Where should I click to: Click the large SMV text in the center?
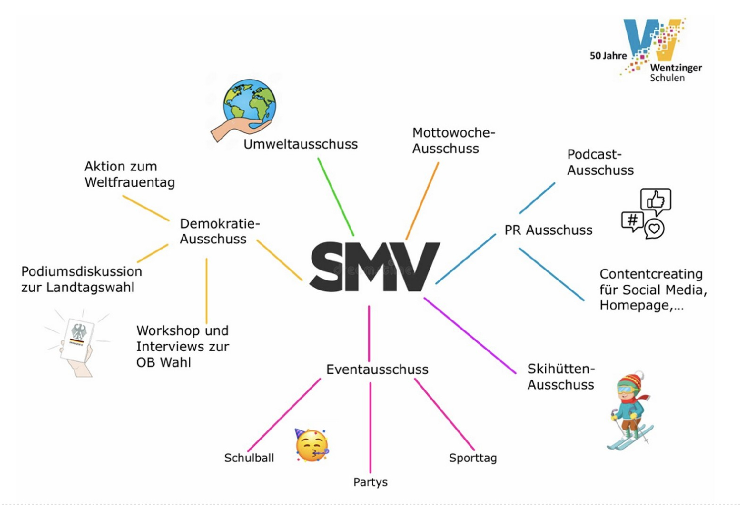pyautogui.click(x=374, y=266)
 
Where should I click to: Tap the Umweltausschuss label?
pyautogui.click(x=300, y=144)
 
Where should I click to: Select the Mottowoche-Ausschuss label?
pyautogui.click(x=453, y=141)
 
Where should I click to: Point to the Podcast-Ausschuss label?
pyautogui.click(x=600, y=162)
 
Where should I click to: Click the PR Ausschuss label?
pyautogui.click(x=548, y=230)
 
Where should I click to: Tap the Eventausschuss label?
pyautogui.click(x=377, y=369)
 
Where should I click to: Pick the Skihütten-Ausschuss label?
pyautogui.click(x=561, y=377)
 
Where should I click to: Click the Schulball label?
pyautogui.click(x=249, y=458)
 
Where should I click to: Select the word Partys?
pyautogui.click(x=370, y=482)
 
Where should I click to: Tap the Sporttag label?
pyautogui.click(x=472, y=458)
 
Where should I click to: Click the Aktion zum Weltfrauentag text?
pyautogui.click(x=129, y=174)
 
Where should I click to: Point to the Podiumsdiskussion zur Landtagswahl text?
pyautogui.click(x=81, y=279)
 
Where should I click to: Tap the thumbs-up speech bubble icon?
pyautogui.click(x=655, y=200)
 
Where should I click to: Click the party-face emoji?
pyautogui.click(x=312, y=445)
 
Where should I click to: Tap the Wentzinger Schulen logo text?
pyautogui.click(x=675, y=72)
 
